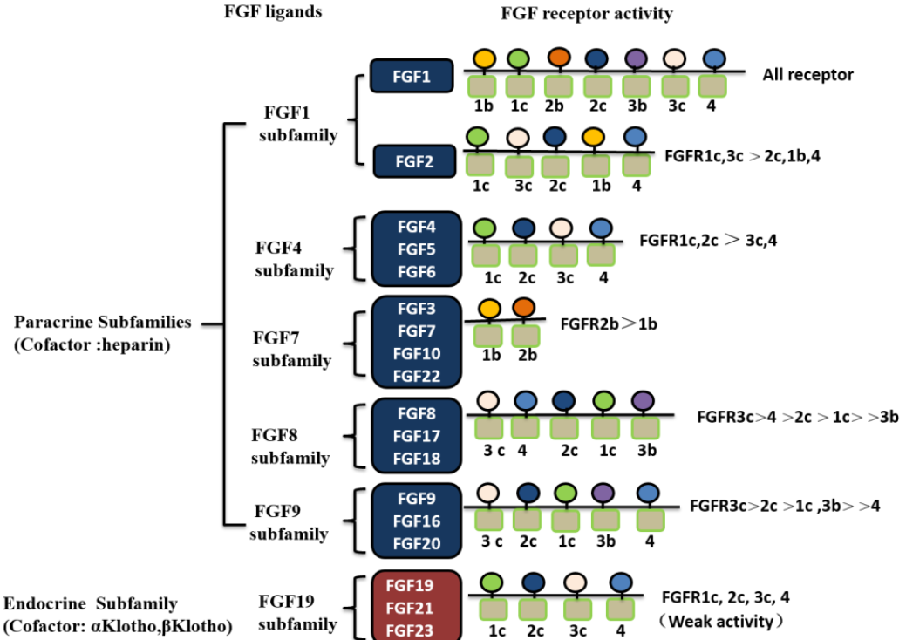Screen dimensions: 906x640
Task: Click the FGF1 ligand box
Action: click(412, 76)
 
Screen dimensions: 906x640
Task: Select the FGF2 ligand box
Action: click(414, 161)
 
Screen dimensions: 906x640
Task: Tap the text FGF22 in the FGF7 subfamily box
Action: click(417, 376)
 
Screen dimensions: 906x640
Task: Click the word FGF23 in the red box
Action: click(410, 630)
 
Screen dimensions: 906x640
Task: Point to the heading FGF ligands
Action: click(273, 11)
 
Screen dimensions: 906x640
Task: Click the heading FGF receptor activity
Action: click(587, 13)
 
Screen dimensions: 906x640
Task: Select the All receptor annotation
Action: click(807, 74)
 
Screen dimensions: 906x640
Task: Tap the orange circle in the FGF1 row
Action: click(559, 58)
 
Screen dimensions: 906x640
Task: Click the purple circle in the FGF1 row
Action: click(637, 58)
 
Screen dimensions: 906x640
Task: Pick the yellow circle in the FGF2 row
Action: click(594, 138)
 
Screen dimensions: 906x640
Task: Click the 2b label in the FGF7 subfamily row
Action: click(527, 355)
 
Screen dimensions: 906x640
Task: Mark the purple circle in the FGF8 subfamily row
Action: click(643, 400)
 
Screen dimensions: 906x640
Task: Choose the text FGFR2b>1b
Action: click(609, 324)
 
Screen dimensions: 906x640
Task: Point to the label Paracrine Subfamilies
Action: click(102, 322)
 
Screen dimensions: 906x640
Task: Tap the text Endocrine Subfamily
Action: click(90, 603)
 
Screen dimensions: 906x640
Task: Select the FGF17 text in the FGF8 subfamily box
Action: click(417, 436)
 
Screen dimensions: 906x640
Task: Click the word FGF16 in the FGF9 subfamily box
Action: click(417, 521)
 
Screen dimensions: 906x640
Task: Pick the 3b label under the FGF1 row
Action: click(637, 106)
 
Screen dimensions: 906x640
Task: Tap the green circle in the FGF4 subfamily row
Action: click(485, 228)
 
